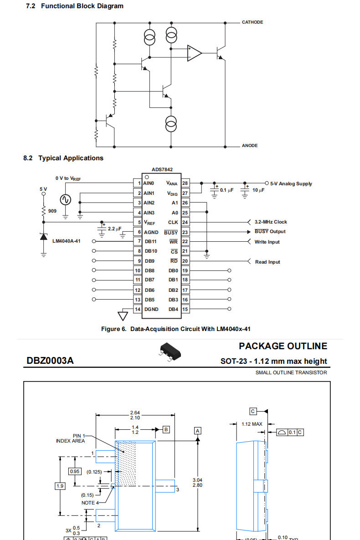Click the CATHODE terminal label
pyautogui.click(x=252, y=22)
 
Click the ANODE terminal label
pyautogui.click(x=250, y=146)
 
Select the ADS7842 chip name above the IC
pyautogui.click(x=162, y=169)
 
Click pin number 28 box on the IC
pyautogui.click(x=185, y=183)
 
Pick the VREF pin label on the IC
pyautogui.click(x=149, y=223)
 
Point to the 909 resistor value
pyautogui.click(x=52, y=211)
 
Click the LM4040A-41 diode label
pyautogui.click(x=66, y=241)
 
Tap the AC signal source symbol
pyautogui.click(x=65, y=199)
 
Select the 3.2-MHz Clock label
pyautogui.click(x=271, y=222)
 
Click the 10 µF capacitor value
pyautogui.click(x=258, y=190)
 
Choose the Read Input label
pyautogui.click(x=267, y=262)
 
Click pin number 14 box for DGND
pyautogui.click(x=138, y=309)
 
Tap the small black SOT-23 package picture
pyautogui.click(x=170, y=352)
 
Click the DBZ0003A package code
pyautogui.click(x=50, y=361)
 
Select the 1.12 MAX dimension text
pyautogui.click(x=252, y=424)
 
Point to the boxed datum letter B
pyautogui.click(x=166, y=429)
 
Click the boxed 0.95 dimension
pyautogui.click(x=75, y=471)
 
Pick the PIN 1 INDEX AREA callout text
pyautogui.click(x=70, y=438)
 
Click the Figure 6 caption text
pyautogui.click(x=176, y=329)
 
